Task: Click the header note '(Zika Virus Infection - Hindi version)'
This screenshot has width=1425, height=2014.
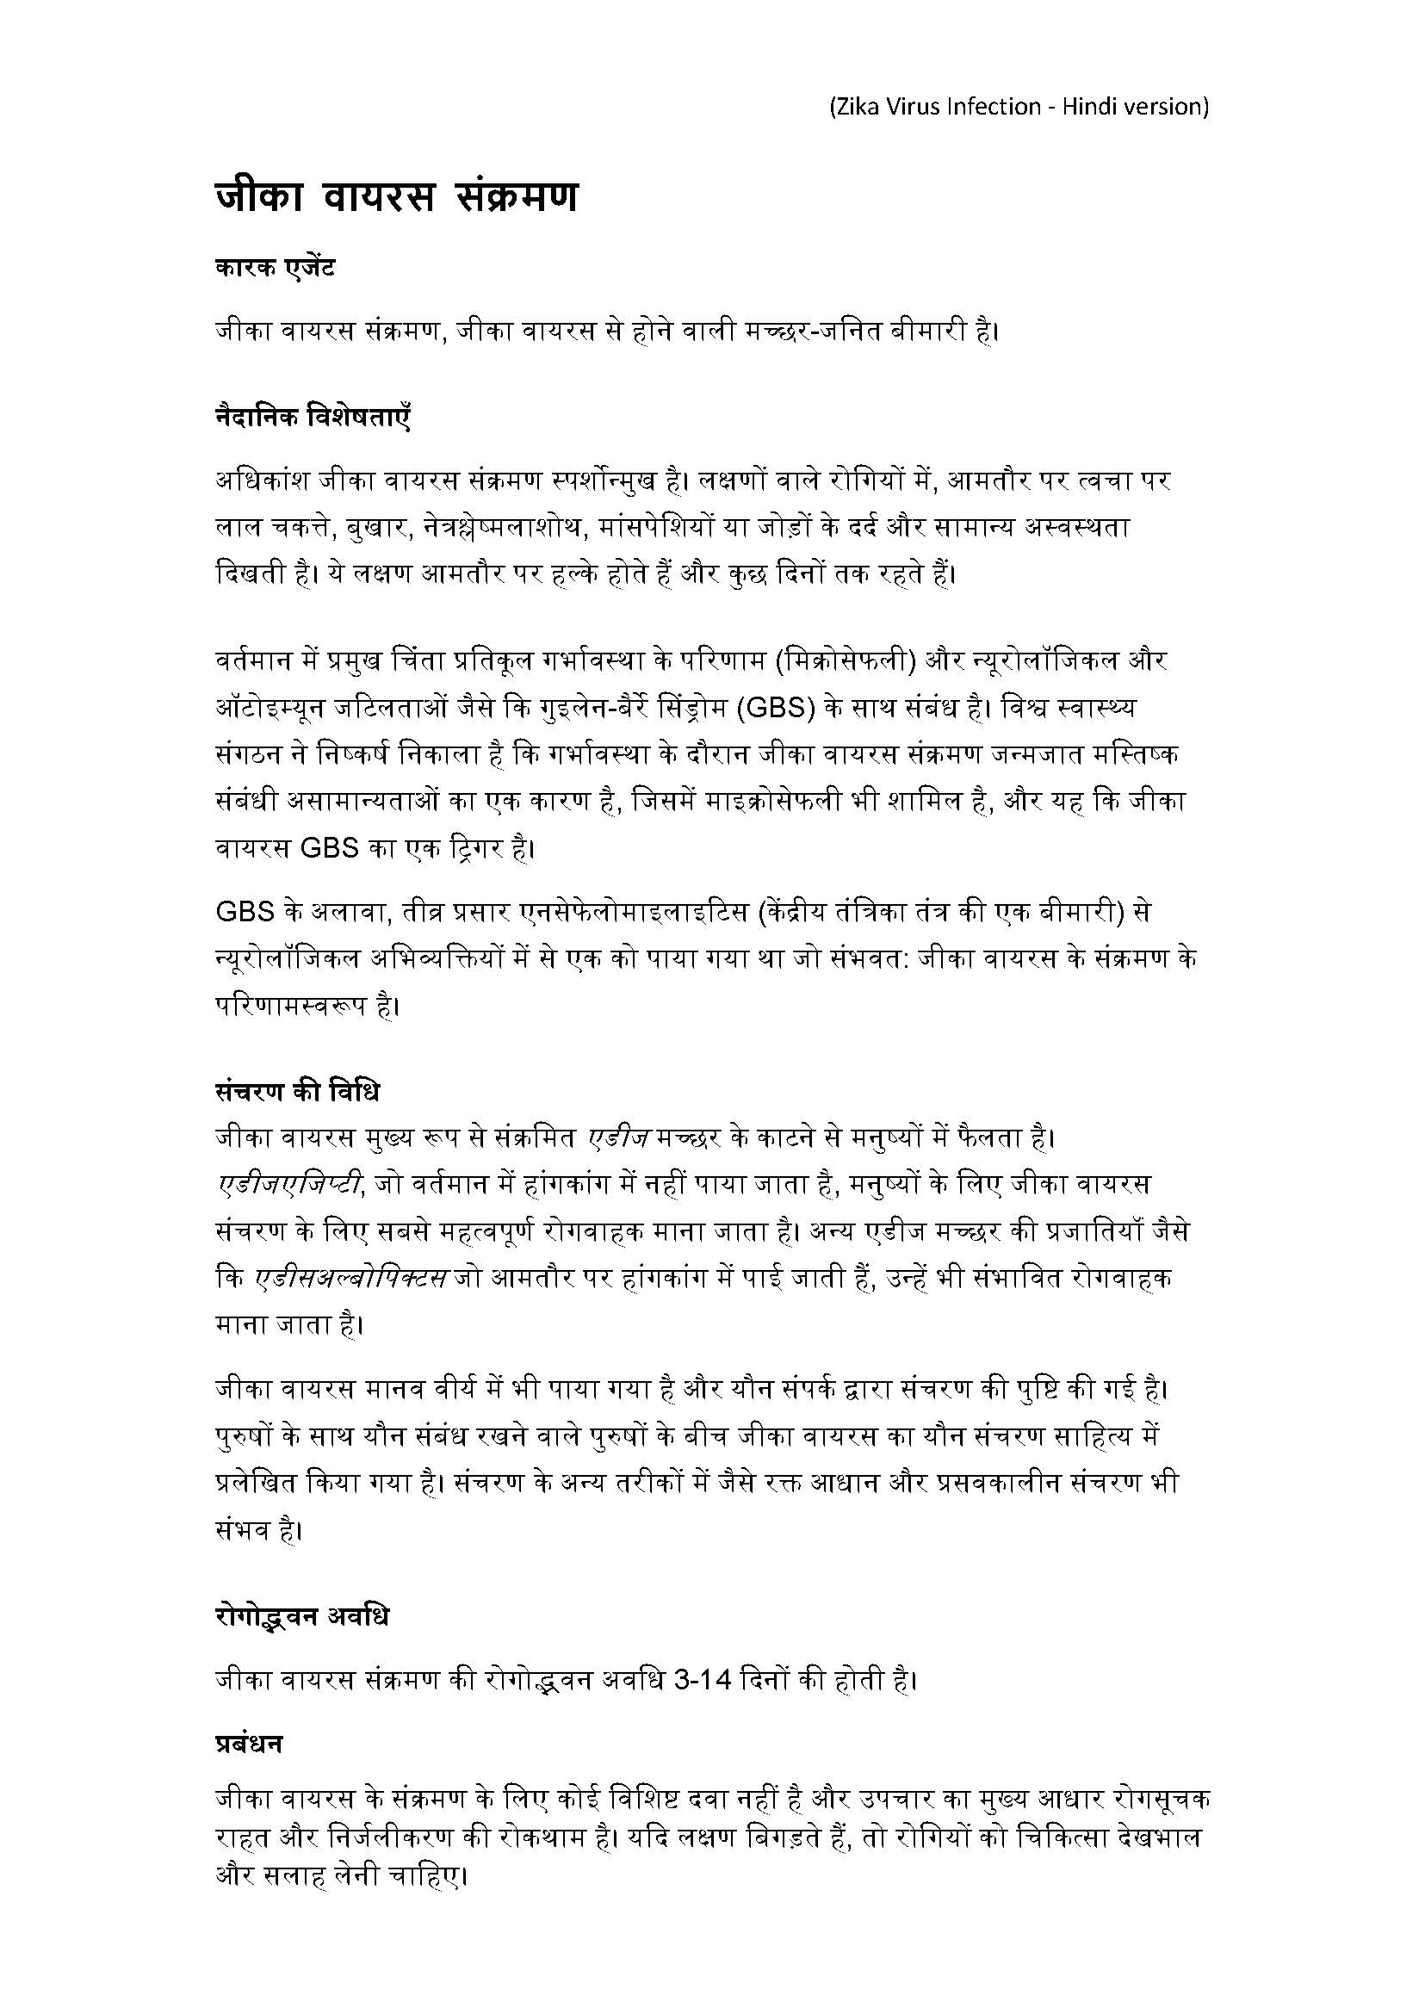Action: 1019,107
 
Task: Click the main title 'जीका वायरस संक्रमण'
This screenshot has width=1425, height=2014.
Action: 397,196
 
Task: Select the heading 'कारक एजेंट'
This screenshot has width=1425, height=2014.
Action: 275,268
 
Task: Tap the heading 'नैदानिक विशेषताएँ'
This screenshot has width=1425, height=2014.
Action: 313,416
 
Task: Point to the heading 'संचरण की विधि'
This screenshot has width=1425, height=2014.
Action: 297,1092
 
